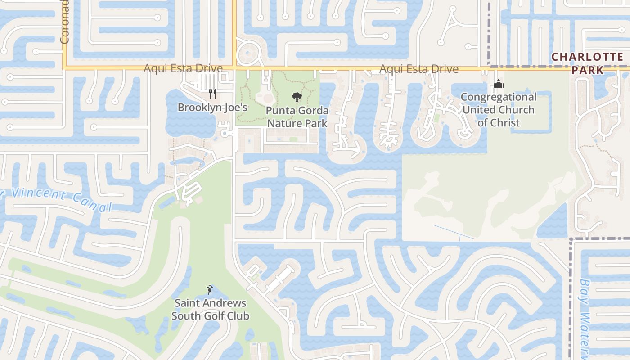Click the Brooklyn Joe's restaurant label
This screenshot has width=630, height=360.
pos(212,108)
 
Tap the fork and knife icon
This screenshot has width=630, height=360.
pos(212,94)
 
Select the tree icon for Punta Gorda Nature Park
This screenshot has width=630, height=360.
pos(297,97)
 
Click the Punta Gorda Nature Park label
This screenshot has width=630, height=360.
pos(297,117)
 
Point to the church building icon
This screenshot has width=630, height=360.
pos(498,84)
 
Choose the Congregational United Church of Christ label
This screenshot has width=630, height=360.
pos(498,110)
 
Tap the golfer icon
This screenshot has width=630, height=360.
pos(210,289)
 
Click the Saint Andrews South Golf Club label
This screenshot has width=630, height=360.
pos(210,309)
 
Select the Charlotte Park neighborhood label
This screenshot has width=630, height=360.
pos(587,63)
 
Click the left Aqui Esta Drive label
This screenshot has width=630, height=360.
pos(183,68)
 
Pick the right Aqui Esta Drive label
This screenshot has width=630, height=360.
pos(419,69)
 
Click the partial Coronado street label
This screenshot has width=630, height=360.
pos(64,22)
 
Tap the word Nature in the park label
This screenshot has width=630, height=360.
pos(283,123)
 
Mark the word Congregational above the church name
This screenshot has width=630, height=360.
pos(498,97)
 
